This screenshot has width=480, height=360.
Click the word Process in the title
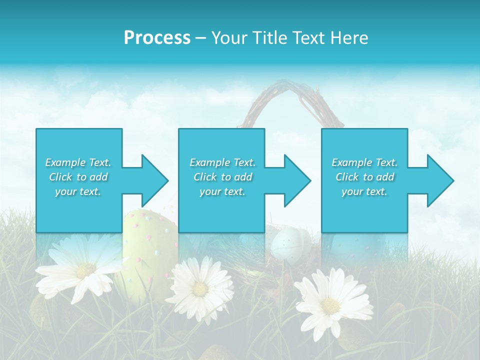point(157,38)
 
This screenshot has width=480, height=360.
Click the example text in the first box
point(78,177)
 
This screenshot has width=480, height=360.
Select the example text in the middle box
point(222,177)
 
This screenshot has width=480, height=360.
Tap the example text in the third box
point(364,177)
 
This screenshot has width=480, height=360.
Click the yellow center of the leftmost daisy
point(85,271)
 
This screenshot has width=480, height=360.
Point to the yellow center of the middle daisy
point(200,289)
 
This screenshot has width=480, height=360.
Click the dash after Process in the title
point(201,38)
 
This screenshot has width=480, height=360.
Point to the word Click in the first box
point(61,177)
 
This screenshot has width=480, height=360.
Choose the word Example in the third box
point(352,162)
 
